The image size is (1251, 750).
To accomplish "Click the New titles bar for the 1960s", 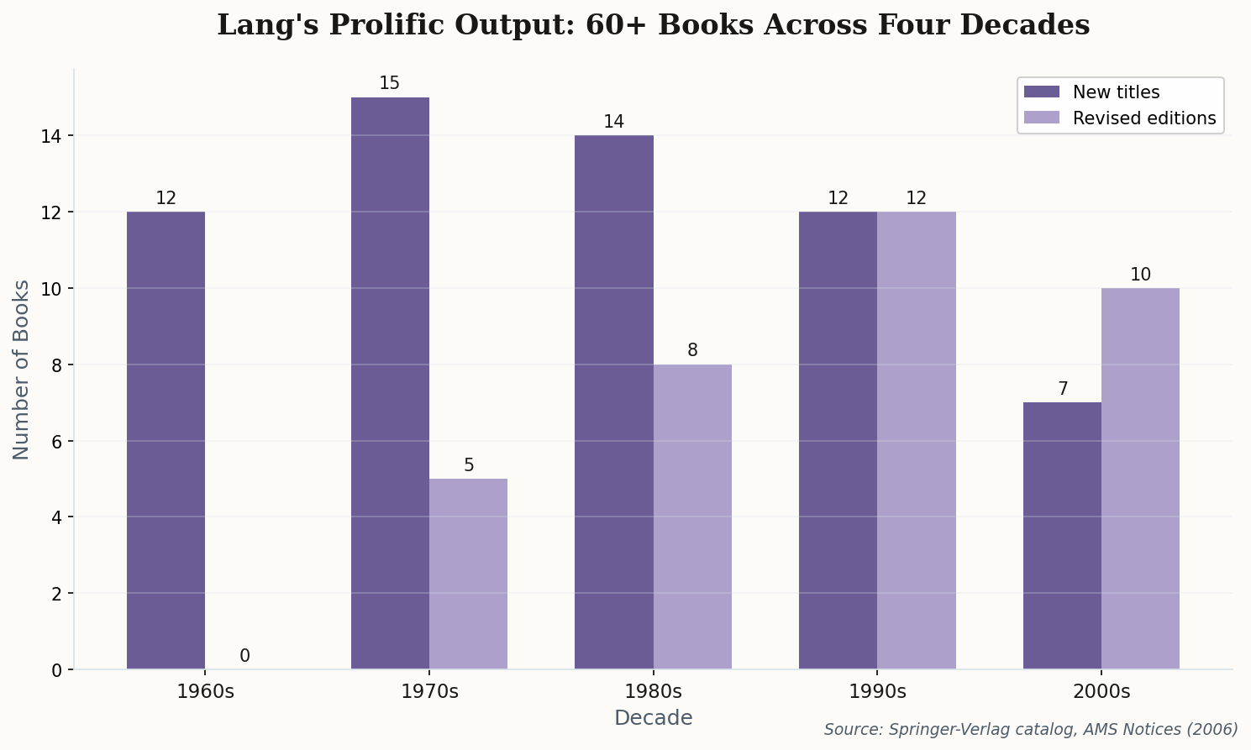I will pos(166,440).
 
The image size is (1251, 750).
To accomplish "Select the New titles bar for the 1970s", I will pos(390,383).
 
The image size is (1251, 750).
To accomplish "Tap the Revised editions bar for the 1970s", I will pos(468,574).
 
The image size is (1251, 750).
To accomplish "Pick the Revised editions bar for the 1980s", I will pos(692,517).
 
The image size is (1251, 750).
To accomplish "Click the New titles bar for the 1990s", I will pos(838,440).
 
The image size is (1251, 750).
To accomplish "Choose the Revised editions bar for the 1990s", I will pos(916,440).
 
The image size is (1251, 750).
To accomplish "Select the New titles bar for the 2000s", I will pos(1062,536).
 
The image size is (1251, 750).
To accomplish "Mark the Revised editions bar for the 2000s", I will pos(1140,479).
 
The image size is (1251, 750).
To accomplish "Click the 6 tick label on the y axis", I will pos(56,441).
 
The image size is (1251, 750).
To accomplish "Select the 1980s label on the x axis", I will pos(653,692).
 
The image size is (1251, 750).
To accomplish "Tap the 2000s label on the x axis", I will pos(1101,692).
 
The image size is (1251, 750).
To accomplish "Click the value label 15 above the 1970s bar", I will pos(390,83).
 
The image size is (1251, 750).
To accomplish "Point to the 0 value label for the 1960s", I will pos(244,656).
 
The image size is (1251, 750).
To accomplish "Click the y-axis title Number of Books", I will pos(22,370).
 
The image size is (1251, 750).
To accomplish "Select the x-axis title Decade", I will pos(653,718).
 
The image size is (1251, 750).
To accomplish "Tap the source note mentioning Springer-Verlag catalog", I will pos(1031,729).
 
